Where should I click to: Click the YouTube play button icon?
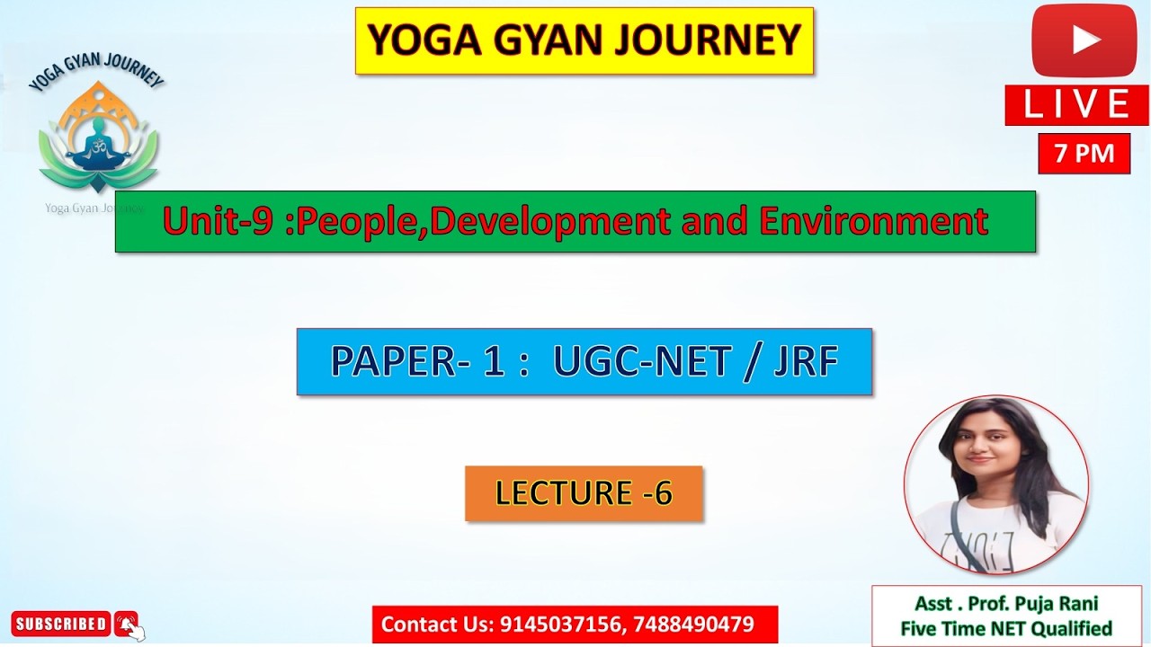point(1084,40)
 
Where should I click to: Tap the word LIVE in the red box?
point(1076,105)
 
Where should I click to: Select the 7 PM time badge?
point(1084,154)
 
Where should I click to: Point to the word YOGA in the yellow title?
point(415,40)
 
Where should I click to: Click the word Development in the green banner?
point(550,221)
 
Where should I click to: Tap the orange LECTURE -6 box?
point(583,492)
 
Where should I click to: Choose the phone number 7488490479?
point(693,625)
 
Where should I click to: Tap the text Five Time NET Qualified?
point(1006,628)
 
